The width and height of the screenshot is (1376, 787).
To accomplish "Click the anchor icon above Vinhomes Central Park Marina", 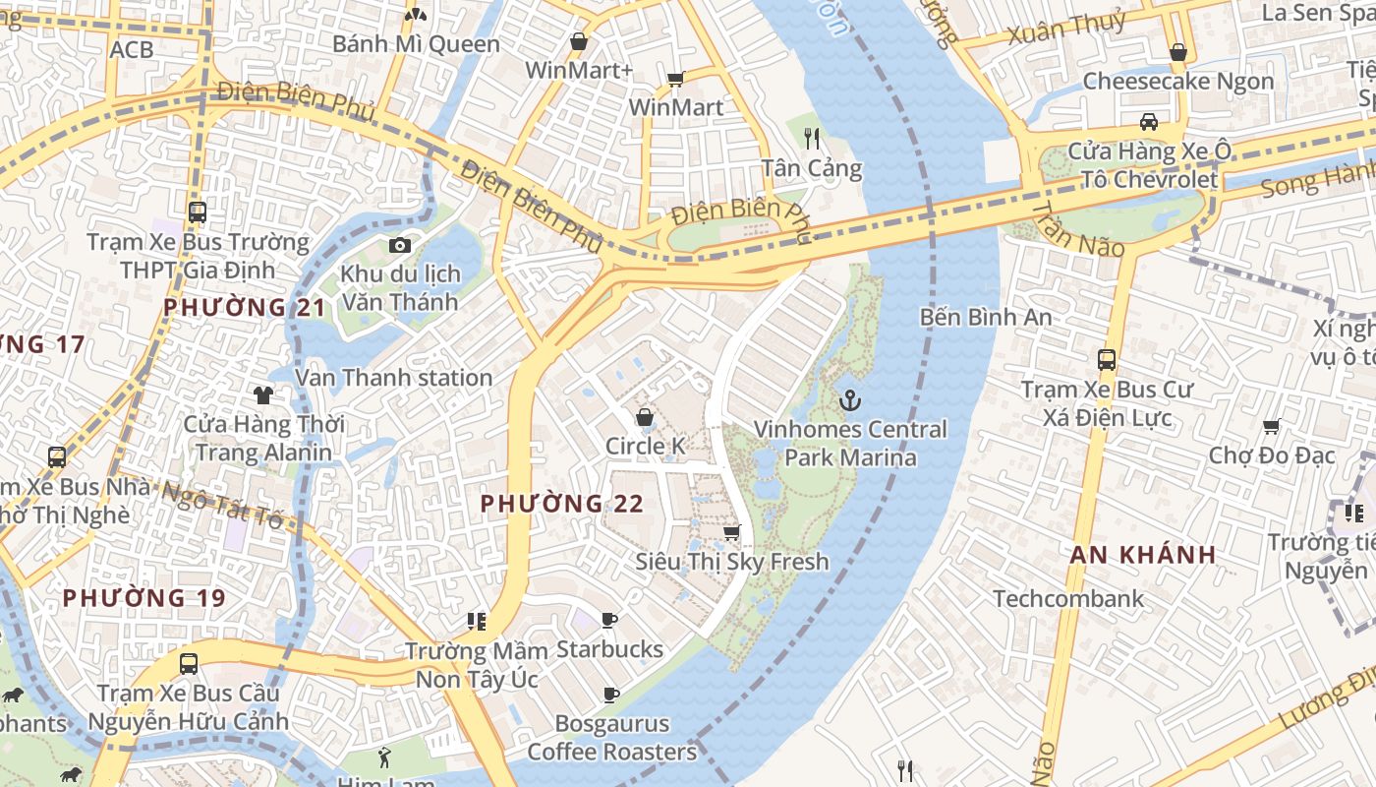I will pyautogui.click(x=850, y=400).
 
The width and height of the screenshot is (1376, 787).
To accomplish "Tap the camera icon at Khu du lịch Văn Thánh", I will pyautogui.click(x=399, y=245).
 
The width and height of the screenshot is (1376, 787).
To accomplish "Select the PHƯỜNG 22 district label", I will pyautogui.click(x=561, y=504).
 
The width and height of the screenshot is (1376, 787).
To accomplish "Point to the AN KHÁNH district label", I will pyautogui.click(x=1143, y=554).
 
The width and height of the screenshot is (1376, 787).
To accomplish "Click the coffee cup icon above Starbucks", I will pyautogui.click(x=609, y=620).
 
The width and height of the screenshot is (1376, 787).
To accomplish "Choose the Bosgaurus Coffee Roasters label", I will pyautogui.click(x=611, y=738).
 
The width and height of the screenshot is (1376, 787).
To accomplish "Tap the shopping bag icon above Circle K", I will pyautogui.click(x=645, y=417).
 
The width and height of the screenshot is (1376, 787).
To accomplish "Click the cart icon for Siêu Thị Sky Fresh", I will pyautogui.click(x=731, y=532).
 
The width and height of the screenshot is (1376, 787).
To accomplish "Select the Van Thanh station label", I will pyautogui.click(x=393, y=377).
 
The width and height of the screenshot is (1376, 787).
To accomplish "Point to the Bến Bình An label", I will pyautogui.click(x=986, y=317).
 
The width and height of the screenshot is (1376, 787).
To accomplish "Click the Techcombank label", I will pyautogui.click(x=1068, y=598).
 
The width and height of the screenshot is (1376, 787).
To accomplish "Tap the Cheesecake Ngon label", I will pyautogui.click(x=1177, y=81).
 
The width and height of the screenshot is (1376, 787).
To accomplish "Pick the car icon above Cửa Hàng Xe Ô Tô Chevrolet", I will pyautogui.click(x=1148, y=122).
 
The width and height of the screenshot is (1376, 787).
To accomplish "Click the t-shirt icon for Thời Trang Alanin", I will pyautogui.click(x=263, y=395).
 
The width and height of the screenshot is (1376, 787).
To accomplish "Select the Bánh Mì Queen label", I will pyautogui.click(x=416, y=44).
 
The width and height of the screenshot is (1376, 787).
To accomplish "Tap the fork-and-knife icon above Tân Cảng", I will pyautogui.click(x=812, y=138).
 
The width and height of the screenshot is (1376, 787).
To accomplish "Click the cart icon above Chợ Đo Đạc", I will pyautogui.click(x=1272, y=426).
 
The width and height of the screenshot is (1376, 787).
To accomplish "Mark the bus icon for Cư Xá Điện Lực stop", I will pyautogui.click(x=1107, y=360).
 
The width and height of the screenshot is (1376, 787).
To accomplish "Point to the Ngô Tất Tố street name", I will pyautogui.click(x=222, y=503).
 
